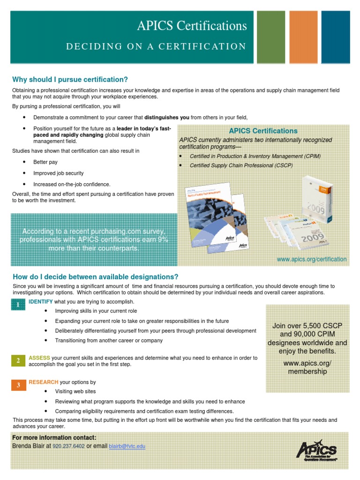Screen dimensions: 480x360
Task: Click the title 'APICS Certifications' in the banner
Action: pos(192,25)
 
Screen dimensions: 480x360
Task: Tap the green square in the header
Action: pos(271,37)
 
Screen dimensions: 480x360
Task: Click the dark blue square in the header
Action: pos(336,37)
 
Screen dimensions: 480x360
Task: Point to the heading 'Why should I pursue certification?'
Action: pos(70,79)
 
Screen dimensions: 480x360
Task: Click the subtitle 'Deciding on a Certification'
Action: pos(156,46)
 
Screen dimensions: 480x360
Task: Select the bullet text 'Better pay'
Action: pos(46,162)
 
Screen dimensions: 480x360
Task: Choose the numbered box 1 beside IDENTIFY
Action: pos(18,305)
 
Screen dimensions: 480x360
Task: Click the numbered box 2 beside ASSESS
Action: pos(18,360)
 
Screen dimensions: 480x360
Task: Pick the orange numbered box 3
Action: pos(18,385)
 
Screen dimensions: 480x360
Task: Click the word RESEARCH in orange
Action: pos(44,382)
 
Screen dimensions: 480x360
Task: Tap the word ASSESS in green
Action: pos(39,358)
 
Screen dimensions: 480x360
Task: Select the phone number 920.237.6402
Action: pos(66,446)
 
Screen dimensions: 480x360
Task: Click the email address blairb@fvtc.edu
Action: pos(127,446)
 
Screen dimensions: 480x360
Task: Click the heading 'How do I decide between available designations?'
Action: pos(95,277)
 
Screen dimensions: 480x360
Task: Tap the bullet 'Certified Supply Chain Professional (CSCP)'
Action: pos(241,165)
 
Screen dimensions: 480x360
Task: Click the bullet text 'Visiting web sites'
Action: pos(75,391)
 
